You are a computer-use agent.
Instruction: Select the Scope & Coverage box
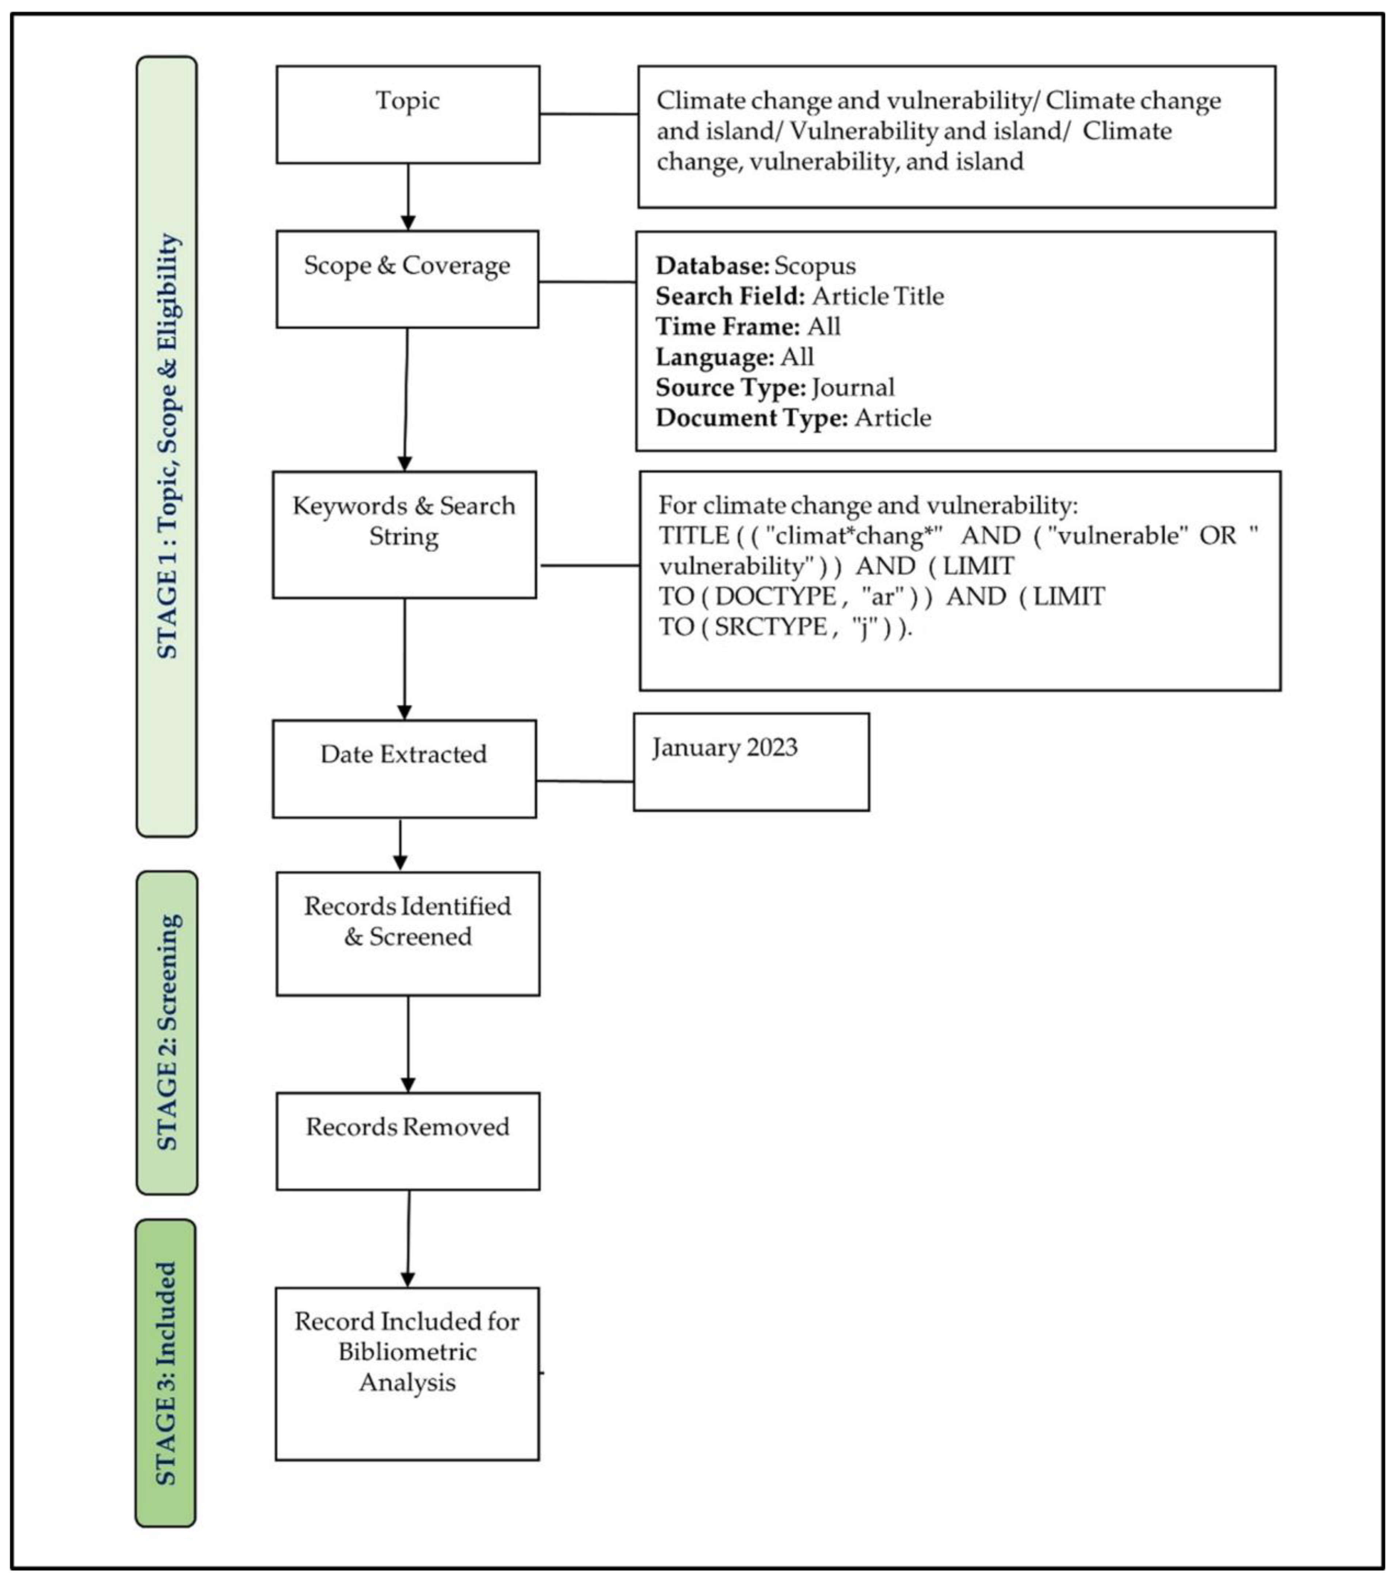[x=407, y=279]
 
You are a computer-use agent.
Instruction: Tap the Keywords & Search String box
[x=404, y=535]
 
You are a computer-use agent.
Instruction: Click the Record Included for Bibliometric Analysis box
[x=407, y=1373]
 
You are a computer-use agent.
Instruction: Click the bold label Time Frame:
[x=727, y=326]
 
